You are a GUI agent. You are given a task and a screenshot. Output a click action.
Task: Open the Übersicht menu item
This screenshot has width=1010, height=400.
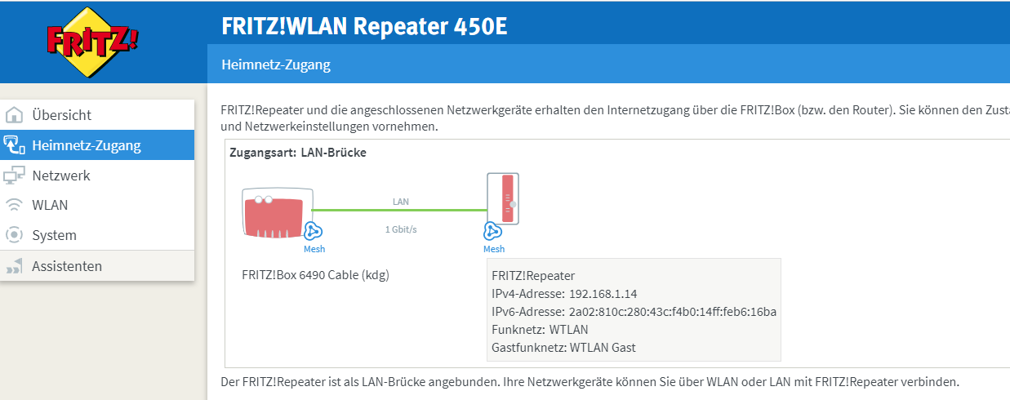click(x=61, y=115)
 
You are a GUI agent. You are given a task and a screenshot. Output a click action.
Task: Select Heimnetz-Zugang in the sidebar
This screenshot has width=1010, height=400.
click(x=86, y=146)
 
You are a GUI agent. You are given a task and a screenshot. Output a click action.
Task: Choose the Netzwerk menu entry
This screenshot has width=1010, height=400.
click(x=61, y=176)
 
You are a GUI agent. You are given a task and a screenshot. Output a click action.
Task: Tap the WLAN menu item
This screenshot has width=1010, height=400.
click(x=50, y=205)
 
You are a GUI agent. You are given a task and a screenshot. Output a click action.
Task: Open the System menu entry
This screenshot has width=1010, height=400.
click(x=54, y=235)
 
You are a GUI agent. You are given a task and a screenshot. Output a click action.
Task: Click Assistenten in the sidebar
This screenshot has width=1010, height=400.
click(x=67, y=266)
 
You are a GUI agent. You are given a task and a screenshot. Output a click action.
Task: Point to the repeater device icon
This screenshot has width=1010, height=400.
click(x=502, y=198)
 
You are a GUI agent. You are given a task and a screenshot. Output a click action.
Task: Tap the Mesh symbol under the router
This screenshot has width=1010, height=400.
click(x=314, y=231)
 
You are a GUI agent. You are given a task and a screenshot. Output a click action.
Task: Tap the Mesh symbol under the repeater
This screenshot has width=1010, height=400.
click(x=492, y=231)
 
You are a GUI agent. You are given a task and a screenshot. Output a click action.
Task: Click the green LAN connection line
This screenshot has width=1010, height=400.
click(x=400, y=210)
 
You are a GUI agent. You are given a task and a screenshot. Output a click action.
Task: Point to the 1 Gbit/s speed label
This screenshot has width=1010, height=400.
click(x=401, y=229)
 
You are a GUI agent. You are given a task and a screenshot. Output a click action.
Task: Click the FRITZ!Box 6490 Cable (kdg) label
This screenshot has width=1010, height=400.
click(x=315, y=274)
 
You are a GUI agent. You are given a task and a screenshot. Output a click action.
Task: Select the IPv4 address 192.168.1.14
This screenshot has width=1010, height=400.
click(x=604, y=294)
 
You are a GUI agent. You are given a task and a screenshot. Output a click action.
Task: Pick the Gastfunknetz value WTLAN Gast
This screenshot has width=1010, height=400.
click(x=603, y=348)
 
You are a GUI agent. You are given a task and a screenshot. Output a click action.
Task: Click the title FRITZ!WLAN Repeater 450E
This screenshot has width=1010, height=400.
click(x=364, y=26)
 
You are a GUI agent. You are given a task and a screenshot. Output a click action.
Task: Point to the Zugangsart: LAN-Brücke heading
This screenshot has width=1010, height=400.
click(x=298, y=153)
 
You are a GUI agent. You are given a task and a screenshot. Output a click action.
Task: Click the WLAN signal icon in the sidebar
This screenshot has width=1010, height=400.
click(x=14, y=205)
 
